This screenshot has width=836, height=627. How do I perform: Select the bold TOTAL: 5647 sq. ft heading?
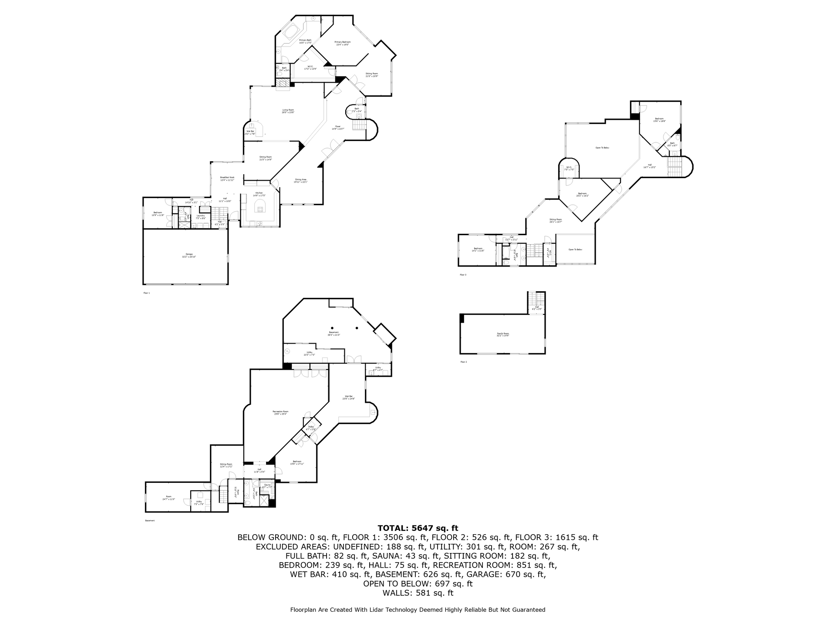click(418, 529)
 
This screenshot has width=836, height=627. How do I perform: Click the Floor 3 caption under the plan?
click(463, 275)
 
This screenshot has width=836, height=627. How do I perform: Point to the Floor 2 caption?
click(463, 362)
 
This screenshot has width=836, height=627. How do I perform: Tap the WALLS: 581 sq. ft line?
click(418, 593)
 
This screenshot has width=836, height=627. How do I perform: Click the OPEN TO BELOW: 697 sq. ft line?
click(418, 584)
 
